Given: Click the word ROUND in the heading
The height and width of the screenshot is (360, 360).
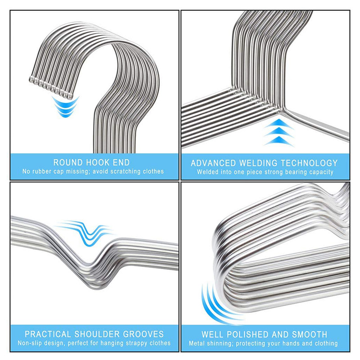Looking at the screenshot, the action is [x=68, y=162].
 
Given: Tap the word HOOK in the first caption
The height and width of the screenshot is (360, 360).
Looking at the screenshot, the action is [x=94, y=162].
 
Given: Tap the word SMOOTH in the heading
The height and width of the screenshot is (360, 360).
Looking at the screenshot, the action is [x=309, y=334].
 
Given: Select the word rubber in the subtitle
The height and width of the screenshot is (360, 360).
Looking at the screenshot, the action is [x=43, y=171].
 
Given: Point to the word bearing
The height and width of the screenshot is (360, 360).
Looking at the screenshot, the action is [x=297, y=172].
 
